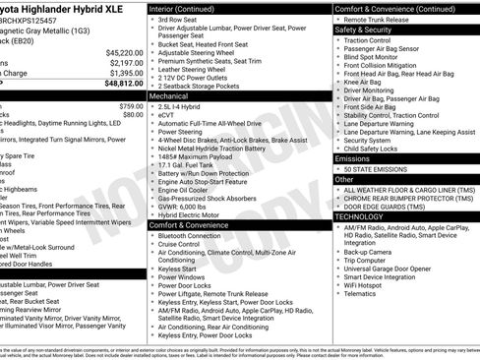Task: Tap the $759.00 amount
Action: pos(130,105)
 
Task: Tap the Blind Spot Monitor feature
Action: pos(374,56)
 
